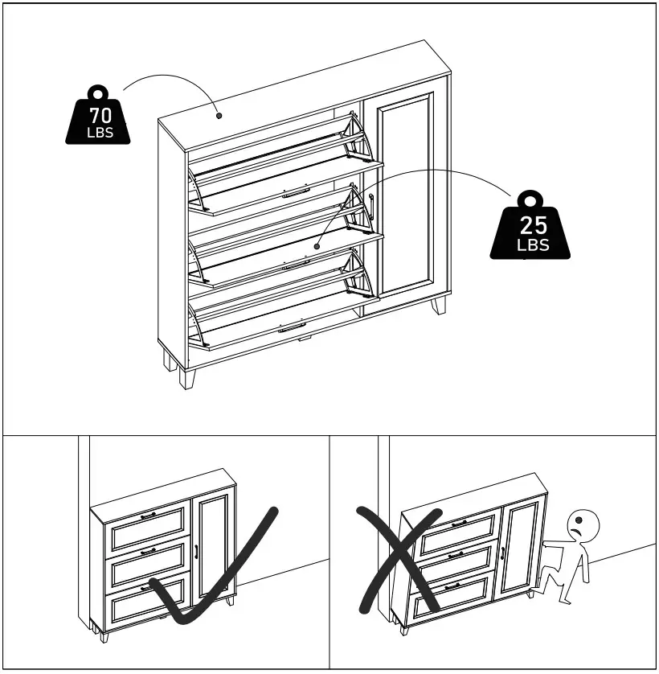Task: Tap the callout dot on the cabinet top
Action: pyautogui.click(x=219, y=115)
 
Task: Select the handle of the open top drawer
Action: pyautogui.click(x=296, y=191)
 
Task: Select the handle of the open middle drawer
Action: pyautogui.click(x=296, y=262)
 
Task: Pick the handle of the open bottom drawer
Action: pyautogui.click(x=292, y=327)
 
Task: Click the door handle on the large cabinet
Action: pyautogui.click(x=372, y=207)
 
